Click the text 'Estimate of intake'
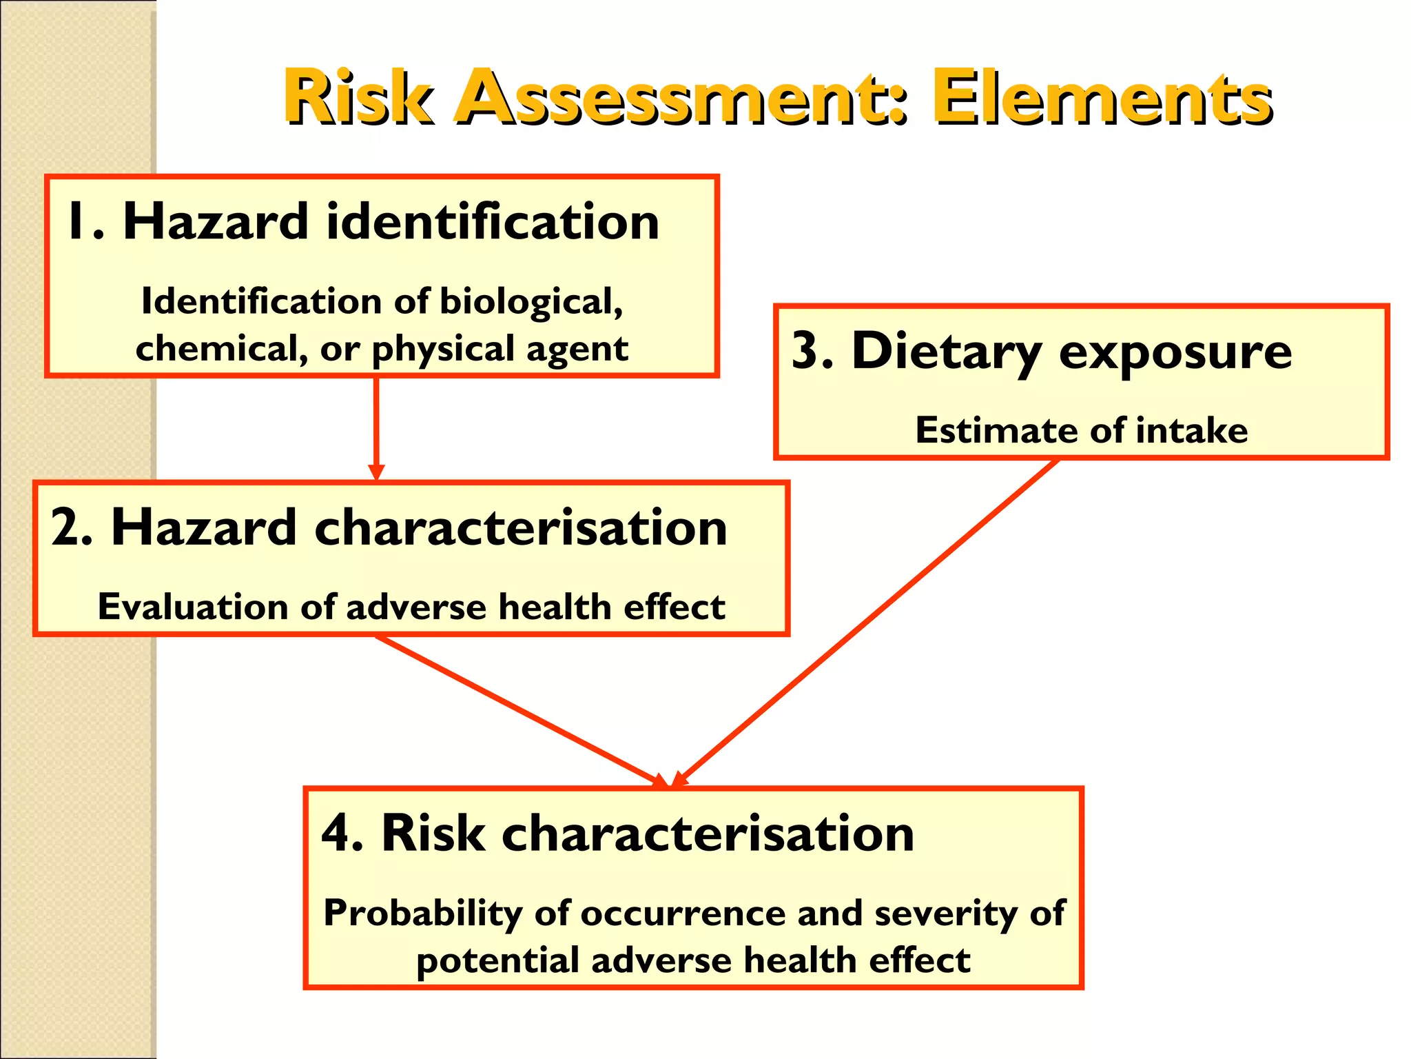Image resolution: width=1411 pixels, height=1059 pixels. (1081, 431)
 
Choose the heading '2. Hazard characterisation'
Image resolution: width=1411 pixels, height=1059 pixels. (389, 528)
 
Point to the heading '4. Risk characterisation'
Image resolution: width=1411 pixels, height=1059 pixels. (617, 834)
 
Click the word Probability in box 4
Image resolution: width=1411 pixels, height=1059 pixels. (422, 914)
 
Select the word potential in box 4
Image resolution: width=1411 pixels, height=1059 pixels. (497, 961)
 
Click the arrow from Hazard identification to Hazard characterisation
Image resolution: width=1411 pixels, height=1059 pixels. (376, 427)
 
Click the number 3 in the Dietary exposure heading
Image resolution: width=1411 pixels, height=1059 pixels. (805, 352)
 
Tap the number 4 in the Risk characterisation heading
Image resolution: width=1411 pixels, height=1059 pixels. (336, 834)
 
